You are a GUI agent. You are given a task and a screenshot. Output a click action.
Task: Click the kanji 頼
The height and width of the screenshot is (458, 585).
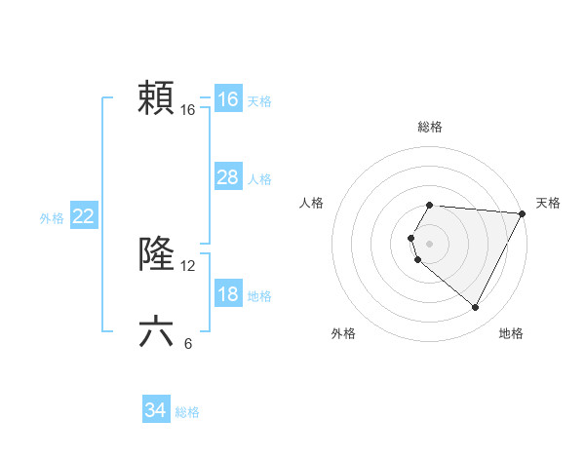(x=156, y=98)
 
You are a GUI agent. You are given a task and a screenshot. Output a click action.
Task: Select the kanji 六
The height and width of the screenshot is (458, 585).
(x=156, y=332)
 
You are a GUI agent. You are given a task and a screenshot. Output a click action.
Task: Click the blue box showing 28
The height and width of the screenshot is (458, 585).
(x=227, y=177)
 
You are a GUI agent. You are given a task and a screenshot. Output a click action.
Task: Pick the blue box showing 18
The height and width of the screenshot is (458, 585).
(x=227, y=294)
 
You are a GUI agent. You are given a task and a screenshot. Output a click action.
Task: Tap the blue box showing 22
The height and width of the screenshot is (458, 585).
(x=83, y=217)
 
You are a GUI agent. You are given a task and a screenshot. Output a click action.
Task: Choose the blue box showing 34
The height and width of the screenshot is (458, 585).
(x=155, y=411)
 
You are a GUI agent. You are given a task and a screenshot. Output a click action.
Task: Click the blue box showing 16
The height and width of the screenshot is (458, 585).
(x=227, y=99)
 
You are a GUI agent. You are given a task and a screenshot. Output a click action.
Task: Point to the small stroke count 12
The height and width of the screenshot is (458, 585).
(x=188, y=266)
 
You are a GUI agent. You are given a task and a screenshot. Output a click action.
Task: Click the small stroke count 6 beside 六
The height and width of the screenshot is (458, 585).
(x=188, y=343)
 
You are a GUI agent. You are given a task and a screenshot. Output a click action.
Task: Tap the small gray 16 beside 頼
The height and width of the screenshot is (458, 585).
(x=188, y=110)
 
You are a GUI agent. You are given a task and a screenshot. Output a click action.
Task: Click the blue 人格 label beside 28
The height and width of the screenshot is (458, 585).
(x=259, y=179)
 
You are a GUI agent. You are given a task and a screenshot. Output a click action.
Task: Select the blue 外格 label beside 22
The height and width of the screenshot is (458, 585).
(x=52, y=218)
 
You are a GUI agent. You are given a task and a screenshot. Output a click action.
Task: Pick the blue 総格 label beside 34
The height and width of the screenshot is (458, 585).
(x=187, y=412)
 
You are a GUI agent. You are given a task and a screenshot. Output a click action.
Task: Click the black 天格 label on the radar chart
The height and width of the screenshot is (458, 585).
(x=548, y=203)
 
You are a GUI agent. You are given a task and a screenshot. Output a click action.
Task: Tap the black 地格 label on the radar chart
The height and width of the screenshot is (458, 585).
(x=511, y=333)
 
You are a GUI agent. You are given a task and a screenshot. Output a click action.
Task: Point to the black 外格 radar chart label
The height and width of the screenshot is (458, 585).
(x=343, y=333)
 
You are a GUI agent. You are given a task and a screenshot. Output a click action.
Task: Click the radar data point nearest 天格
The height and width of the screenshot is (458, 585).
(x=523, y=213)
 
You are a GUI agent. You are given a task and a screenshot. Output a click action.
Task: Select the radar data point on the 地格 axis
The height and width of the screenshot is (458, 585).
(x=476, y=308)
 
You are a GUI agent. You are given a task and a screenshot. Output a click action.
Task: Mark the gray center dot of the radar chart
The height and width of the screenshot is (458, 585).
(x=429, y=244)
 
